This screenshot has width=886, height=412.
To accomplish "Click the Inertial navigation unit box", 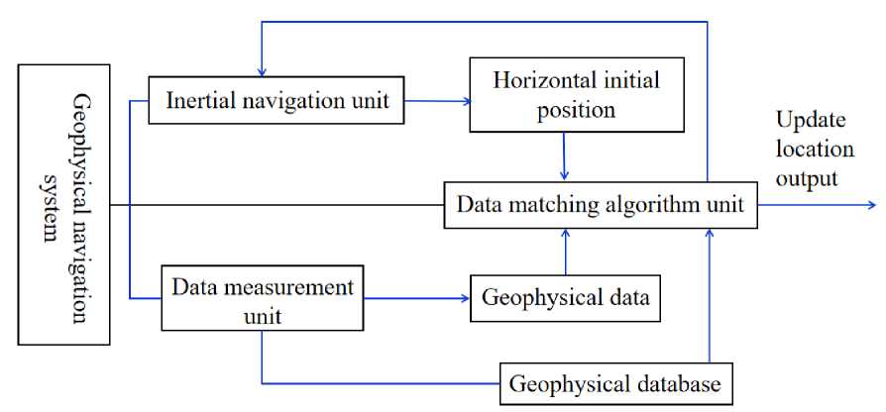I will (277, 101).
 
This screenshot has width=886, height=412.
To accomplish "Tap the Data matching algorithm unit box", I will (601, 206).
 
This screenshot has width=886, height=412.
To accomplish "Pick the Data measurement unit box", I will (262, 301).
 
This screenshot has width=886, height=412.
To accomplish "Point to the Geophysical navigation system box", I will (64, 205).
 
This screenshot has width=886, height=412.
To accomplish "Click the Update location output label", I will (814, 149).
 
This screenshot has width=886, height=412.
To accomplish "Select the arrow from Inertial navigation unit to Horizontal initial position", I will (436, 99).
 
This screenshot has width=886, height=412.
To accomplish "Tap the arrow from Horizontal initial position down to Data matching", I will (564, 155).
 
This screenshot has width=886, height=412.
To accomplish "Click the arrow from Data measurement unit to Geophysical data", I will (416, 298).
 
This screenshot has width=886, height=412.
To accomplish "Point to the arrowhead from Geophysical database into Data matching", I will (711, 235).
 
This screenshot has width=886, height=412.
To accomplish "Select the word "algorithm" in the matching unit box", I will (635, 206).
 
